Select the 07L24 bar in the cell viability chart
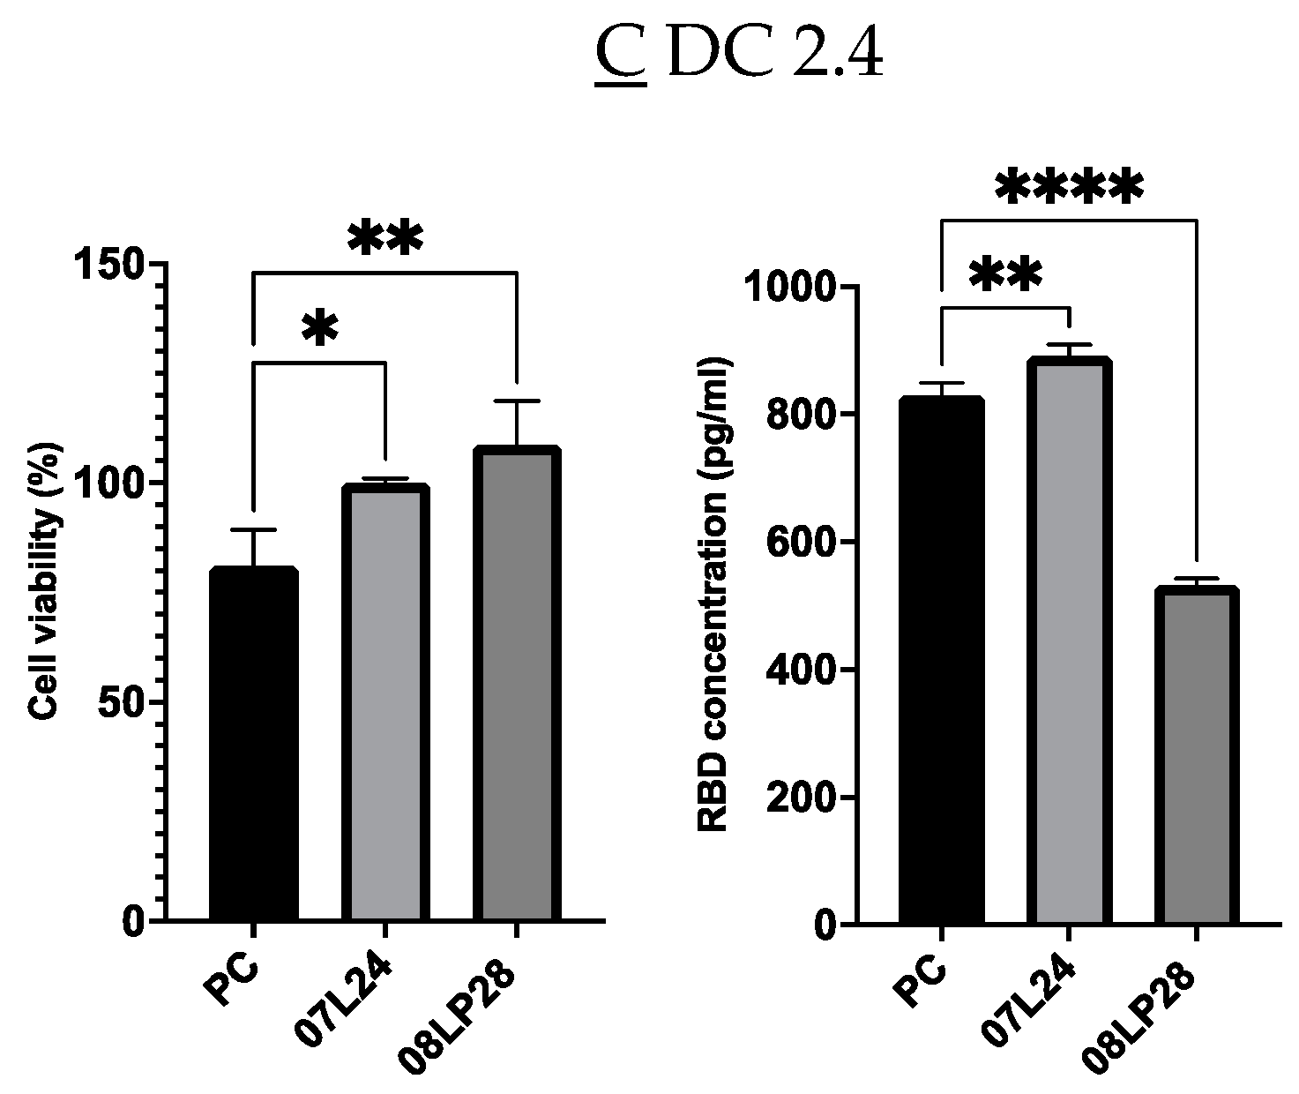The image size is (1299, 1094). coord(384,702)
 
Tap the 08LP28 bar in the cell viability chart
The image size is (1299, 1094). coord(516,684)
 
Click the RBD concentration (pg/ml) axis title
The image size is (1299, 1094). coord(713,595)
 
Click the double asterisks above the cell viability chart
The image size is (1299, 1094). coord(385,240)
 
